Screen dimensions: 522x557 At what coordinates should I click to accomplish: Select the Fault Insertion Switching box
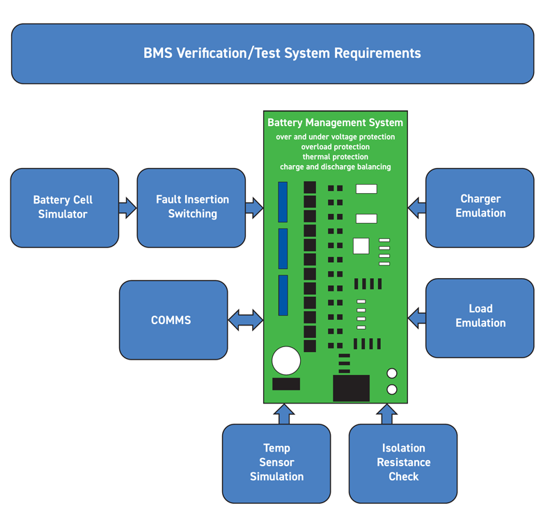(x=191, y=207)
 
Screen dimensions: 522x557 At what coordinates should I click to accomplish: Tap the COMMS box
(x=173, y=320)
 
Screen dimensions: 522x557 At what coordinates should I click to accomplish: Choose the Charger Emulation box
(x=480, y=206)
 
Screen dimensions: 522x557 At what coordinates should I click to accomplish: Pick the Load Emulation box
(x=480, y=316)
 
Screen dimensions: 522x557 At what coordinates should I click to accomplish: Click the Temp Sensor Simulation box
(x=276, y=463)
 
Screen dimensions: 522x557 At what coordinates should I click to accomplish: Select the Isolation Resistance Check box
(x=403, y=463)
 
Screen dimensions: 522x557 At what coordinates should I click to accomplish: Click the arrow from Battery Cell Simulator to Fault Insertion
(x=128, y=207)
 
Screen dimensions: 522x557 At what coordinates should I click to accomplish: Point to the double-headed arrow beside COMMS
(x=246, y=320)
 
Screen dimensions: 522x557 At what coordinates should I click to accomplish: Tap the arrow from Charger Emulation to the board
(x=416, y=207)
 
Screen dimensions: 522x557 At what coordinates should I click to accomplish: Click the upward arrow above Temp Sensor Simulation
(x=283, y=414)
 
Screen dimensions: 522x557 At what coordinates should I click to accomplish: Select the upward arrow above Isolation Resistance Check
(x=387, y=414)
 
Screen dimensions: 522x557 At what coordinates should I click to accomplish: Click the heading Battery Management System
(x=335, y=123)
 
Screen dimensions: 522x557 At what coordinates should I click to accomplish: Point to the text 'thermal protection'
(x=335, y=157)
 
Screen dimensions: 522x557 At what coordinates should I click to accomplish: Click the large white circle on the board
(x=285, y=361)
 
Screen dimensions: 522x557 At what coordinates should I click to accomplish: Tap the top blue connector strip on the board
(x=283, y=200)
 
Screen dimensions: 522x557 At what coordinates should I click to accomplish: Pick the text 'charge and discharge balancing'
(x=335, y=167)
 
